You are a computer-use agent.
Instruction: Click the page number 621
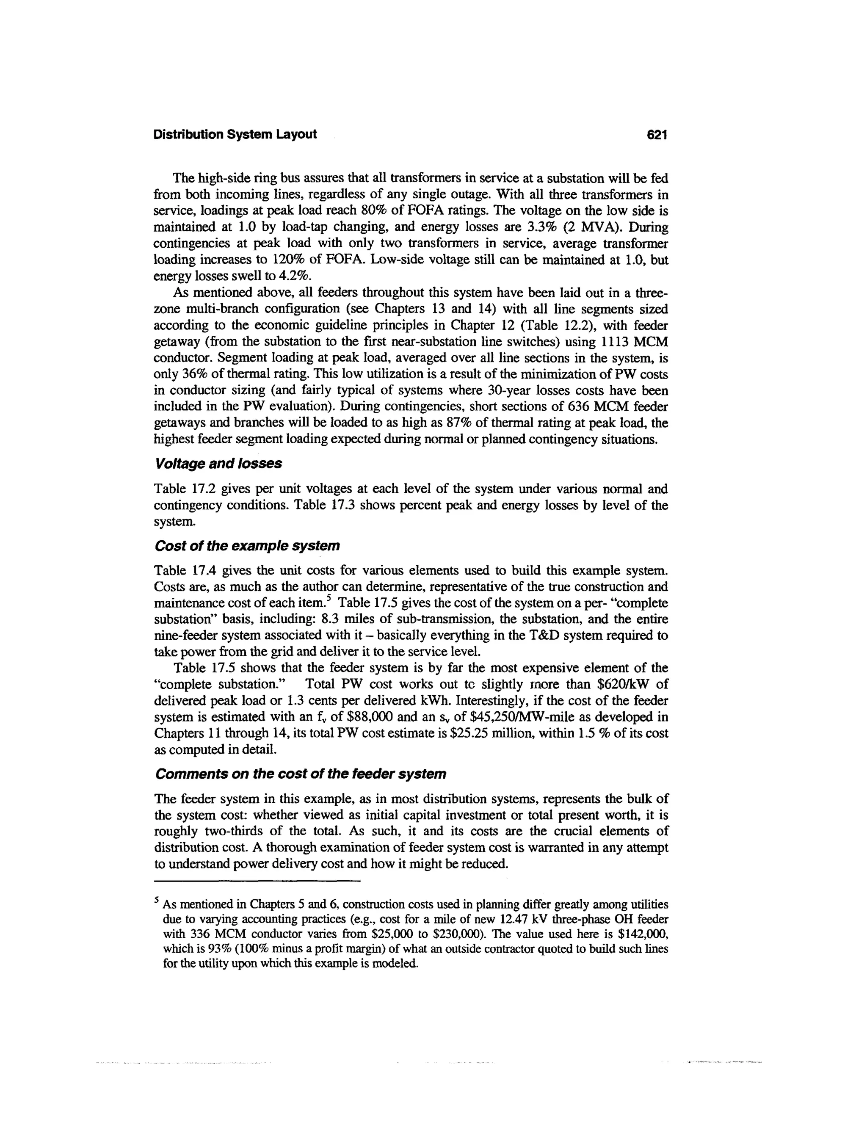coord(657,135)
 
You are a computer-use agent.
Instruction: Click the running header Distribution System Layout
coord(235,135)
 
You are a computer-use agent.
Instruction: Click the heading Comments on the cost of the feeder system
coord(300,774)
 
